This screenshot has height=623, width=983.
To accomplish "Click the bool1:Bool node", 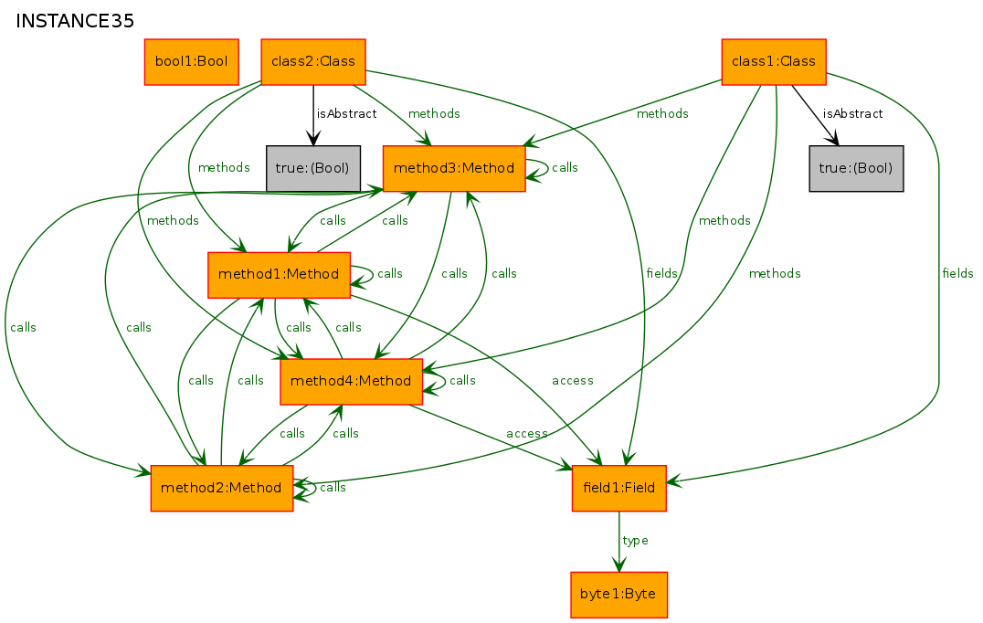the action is [191, 61].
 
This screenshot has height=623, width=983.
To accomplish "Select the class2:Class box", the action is [312, 61].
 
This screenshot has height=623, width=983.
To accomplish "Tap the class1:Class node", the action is [774, 61].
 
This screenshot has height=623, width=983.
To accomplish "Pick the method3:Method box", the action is [454, 168].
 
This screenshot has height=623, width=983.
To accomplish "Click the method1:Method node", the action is [279, 275].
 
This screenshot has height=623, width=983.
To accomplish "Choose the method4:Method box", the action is [351, 381].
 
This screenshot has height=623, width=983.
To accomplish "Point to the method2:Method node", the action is [221, 488].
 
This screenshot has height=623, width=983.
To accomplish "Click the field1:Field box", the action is [618, 488].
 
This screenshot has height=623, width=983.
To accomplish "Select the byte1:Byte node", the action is [618, 594].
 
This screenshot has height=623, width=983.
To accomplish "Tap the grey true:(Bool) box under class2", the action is [312, 168].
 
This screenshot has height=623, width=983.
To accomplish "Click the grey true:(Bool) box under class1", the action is [856, 168].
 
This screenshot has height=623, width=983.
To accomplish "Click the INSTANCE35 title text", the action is [75, 21].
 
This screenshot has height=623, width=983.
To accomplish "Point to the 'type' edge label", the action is [635, 540].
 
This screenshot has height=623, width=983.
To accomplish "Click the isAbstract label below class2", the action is [346, 113].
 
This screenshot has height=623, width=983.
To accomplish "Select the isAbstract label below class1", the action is [852, 113].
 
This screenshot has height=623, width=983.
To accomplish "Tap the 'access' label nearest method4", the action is [526, 434].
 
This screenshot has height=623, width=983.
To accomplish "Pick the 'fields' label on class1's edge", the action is [957, 273].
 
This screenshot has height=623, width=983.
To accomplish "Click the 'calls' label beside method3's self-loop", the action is [565, 167].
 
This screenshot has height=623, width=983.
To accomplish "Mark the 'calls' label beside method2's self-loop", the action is [333, 487].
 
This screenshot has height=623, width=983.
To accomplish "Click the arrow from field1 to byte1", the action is [618, 541].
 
